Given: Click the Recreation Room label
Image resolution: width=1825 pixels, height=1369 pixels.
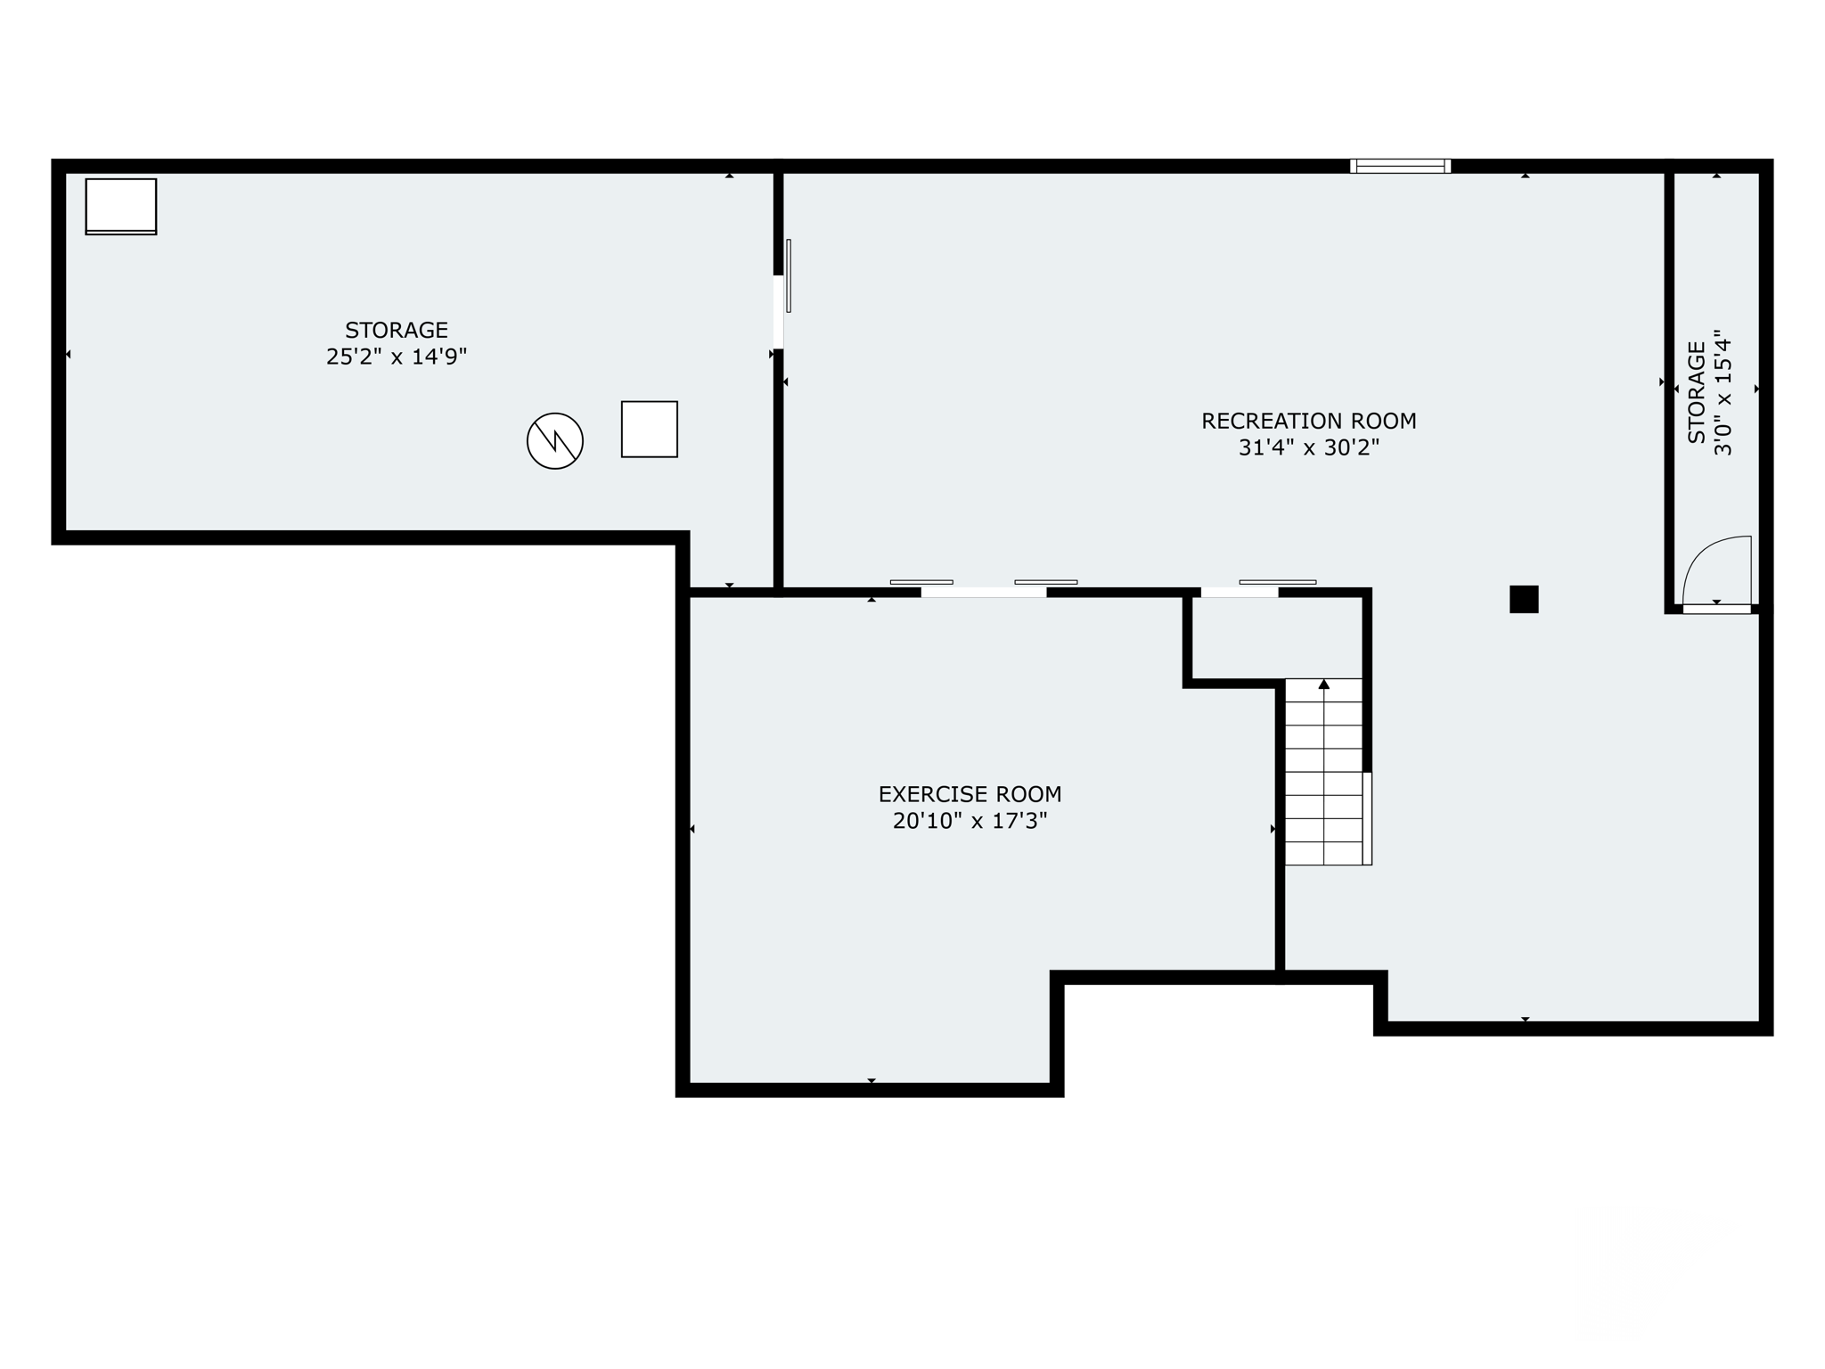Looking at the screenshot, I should click(1308, 421).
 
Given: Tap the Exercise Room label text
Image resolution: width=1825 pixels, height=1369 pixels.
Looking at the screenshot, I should click(970, 794).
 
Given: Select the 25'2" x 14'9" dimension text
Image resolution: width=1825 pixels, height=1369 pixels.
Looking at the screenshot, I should click(397, 357).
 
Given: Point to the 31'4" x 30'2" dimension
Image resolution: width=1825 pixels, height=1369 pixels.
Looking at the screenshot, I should click(1308, 447).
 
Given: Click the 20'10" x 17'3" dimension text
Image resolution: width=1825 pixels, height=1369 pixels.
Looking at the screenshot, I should click(970, 821).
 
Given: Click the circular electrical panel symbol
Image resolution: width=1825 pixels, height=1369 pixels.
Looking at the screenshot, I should click(554, 440).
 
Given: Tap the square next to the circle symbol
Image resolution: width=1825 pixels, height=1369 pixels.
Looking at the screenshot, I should click(649, 430).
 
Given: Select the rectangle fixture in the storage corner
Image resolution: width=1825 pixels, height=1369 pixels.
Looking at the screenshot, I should click(121, 206).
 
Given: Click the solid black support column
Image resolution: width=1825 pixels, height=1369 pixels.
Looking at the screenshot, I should click(1524, 599).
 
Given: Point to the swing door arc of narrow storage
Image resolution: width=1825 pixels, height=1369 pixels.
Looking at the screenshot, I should click(1716, 570).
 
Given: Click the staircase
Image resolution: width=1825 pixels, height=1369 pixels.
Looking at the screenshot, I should click(1324, 772).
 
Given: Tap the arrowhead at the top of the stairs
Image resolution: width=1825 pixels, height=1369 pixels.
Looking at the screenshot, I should click(1324, 684).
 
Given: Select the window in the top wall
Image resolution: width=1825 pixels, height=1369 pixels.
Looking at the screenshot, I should click(1400, 166).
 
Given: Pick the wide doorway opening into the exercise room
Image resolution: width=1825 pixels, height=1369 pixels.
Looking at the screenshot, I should click(984, 592).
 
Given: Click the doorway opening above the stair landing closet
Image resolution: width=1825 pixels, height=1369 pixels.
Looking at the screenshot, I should click(1240, 592).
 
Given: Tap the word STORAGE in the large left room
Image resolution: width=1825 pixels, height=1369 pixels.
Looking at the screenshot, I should click(397, 331).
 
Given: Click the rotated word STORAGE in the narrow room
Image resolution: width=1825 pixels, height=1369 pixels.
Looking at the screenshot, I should click(1697, 392).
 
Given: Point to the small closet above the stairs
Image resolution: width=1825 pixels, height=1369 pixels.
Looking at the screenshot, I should click(1276, 637).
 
